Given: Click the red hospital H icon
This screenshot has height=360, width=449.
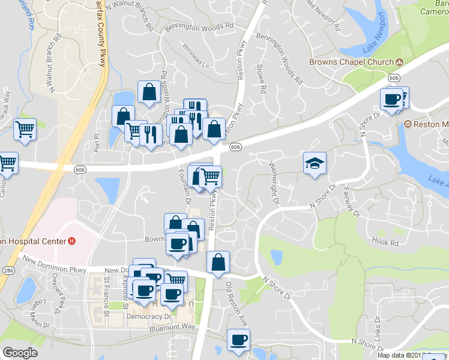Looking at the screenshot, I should coord(72,242).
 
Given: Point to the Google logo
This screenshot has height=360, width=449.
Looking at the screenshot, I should coord(20,353).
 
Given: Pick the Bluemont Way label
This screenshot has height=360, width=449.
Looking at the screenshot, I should coord(172,326).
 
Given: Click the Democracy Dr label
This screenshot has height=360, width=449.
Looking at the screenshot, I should coord(146,315).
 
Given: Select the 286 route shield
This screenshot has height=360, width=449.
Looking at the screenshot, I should coord(8,271).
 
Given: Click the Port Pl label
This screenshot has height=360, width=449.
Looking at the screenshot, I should coord(95,137).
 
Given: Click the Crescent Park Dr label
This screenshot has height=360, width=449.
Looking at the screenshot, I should coord(58,295).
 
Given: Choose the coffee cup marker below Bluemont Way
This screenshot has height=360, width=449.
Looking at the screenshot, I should coord(237,340).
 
